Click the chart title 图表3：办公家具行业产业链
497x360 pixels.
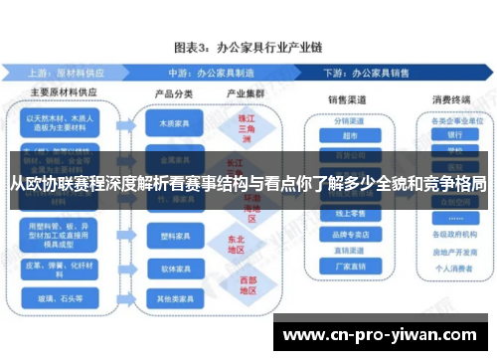(248, 47)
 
